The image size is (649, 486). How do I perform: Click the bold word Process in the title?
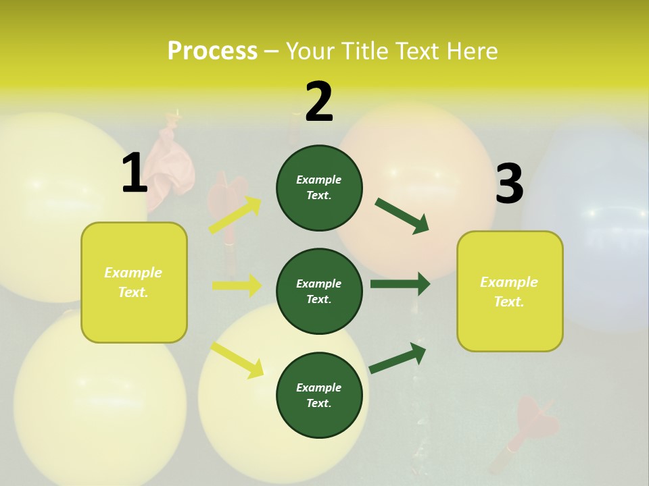(212, 51)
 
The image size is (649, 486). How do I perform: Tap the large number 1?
(135, 173)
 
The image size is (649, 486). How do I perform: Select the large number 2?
(319, 102)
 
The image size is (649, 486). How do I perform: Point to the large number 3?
(509, 184)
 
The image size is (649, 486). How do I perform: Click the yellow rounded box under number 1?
(134, 282)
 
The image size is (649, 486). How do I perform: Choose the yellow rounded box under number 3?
(510, 291)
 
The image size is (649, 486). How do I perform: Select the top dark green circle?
(319, 188)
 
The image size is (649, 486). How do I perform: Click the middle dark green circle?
(319, 291)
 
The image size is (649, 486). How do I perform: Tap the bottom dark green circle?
(319, 395)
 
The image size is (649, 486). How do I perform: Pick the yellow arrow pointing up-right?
(235, 215)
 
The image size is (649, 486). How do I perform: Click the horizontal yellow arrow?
(237, 286)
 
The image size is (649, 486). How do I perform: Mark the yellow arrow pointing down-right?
(237, 360)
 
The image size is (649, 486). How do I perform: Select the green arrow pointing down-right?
(402, 216)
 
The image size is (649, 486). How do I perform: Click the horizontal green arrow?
(400, 283)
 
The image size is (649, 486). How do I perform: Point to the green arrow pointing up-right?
(398, 358)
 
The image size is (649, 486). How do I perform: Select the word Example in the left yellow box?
(133, 273)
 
